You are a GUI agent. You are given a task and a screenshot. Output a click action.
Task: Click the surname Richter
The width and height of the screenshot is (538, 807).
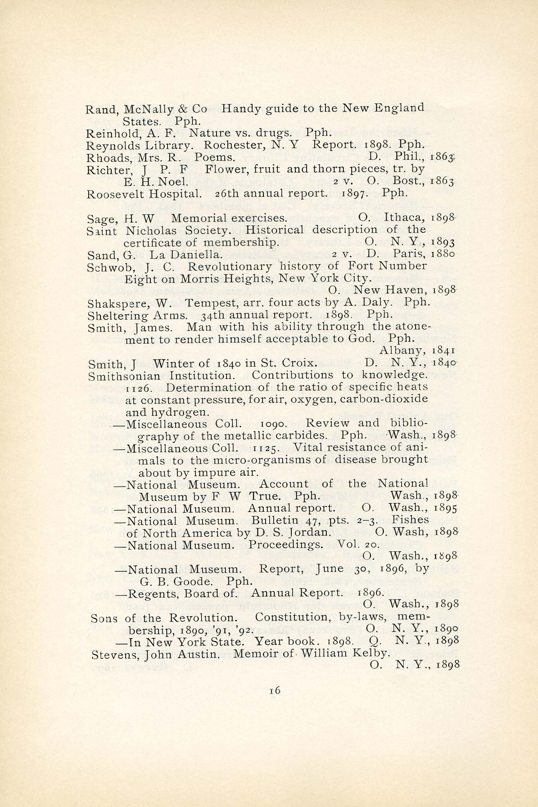103,170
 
